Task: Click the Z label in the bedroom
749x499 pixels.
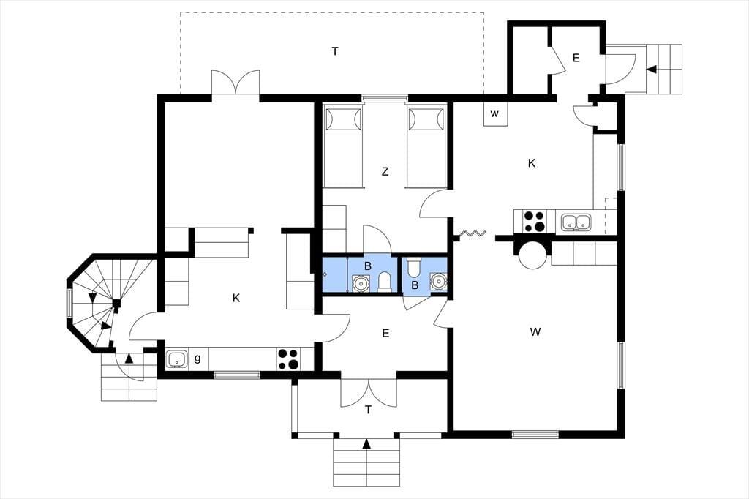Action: [x=385, y=171]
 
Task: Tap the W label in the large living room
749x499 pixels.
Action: [x=535, y=331]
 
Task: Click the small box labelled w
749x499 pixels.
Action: [x=495, y=114]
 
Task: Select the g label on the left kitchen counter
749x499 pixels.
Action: [x=197, y=358]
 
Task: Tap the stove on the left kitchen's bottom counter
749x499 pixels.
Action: [x=288, y=359]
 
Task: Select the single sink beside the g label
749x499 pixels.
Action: [x=178, y=359]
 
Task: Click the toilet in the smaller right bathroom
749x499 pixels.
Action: [x=414, y=267]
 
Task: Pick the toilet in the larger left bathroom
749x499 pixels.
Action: [x=385, y=282]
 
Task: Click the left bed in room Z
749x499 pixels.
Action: [x=342, y=147]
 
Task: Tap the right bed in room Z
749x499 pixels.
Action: [x=426, y=147]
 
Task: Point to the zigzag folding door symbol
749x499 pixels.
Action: [x=473, y=233]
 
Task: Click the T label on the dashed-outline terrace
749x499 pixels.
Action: [x=335, y=50]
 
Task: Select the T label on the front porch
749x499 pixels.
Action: [x=368, y=410]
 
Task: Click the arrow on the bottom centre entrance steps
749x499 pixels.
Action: [x=366, y=445]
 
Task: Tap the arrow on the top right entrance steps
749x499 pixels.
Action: [x=651, y=70]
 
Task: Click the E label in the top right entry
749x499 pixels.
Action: [x=576, y=58]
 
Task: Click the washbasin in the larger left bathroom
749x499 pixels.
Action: [x=360, y=283]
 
